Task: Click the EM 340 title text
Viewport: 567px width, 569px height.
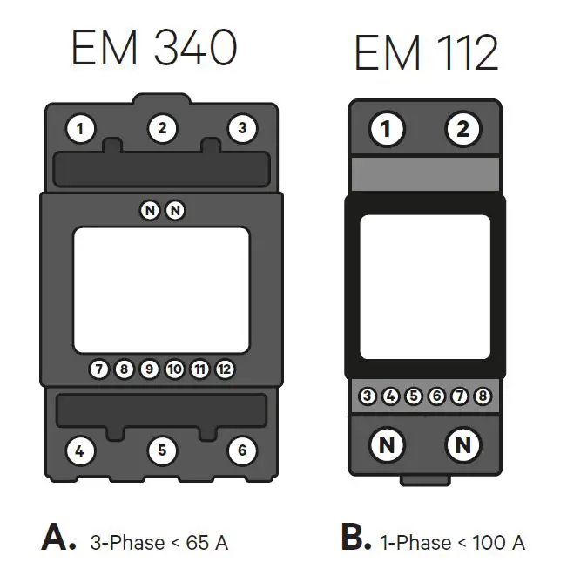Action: pyautogui.click(x=153, y=49)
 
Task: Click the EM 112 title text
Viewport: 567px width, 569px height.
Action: pyautogui.click(x=426, y=54)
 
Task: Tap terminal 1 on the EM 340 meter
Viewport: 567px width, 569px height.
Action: pyautogui.click(x=81, y=130)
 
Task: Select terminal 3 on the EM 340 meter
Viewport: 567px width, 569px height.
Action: pyautogui.click(x=241, y=129)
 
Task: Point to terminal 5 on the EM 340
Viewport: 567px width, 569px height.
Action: pyautogui.click(x=162, y=450)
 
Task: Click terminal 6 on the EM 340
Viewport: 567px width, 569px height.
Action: pyautogui.click(x=241, y=450)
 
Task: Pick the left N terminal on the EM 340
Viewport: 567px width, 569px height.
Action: pyautogui.click(x=150, y=210)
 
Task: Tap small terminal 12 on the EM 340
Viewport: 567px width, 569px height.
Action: pyautogui.click(x=225, y=369)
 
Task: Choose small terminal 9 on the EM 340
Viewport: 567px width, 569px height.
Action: pyautogui.click(x=149, y=369)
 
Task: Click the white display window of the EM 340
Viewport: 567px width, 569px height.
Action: pyautogui.click(x=161, y=288)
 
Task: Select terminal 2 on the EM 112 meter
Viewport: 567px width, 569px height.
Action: pyautogui.click(x=462, y=131)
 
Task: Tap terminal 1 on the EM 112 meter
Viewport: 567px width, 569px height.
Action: pyautogui.click(x=387, y=131)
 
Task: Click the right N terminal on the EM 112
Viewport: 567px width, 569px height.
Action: pyautogui.click(x=462, y=445)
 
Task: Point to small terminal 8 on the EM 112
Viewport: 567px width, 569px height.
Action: pyautogui.click(x=483, y=397)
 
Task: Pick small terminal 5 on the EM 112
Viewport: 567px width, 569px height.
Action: pyautogui.click(x=414, y=397)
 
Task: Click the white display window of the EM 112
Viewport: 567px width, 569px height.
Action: pyautogui.click(x=425, y=287)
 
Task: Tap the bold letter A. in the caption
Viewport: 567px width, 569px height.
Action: pyautogui.click(x=58, y=539)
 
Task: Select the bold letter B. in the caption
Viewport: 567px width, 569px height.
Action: pyautogui.click(x=356, y=539)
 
